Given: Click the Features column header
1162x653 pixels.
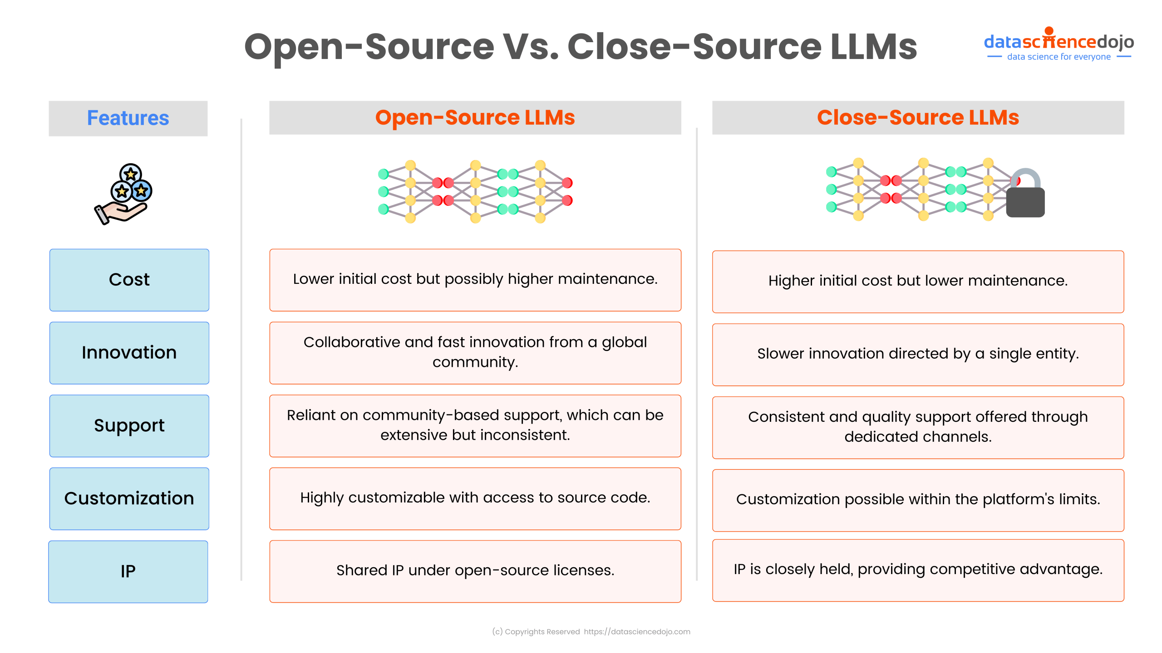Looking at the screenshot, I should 128,118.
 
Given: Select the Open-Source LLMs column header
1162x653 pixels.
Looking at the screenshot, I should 475,117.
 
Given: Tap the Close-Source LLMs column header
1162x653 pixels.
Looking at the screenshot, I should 917,117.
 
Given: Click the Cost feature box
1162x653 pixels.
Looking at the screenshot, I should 129,280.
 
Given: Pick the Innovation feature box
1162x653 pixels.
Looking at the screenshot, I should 129,353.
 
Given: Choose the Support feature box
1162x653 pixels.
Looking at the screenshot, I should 129,426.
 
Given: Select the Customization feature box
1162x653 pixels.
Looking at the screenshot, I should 129,498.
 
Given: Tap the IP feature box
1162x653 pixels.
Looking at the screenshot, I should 128,571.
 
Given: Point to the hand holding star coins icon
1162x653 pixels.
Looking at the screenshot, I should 123,194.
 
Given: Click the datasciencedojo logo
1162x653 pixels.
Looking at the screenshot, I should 1059,42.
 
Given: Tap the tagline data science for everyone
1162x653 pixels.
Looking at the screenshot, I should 1059,57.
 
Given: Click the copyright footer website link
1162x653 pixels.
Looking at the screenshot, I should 636,632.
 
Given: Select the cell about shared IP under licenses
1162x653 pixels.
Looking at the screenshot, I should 475,571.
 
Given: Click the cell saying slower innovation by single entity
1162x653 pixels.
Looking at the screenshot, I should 917,354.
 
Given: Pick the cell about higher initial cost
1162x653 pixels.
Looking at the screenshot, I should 917,281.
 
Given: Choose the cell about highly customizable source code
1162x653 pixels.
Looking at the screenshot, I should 475,498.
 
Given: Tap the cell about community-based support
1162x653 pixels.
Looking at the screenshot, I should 475,425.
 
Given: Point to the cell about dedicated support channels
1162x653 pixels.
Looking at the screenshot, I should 917,427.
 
